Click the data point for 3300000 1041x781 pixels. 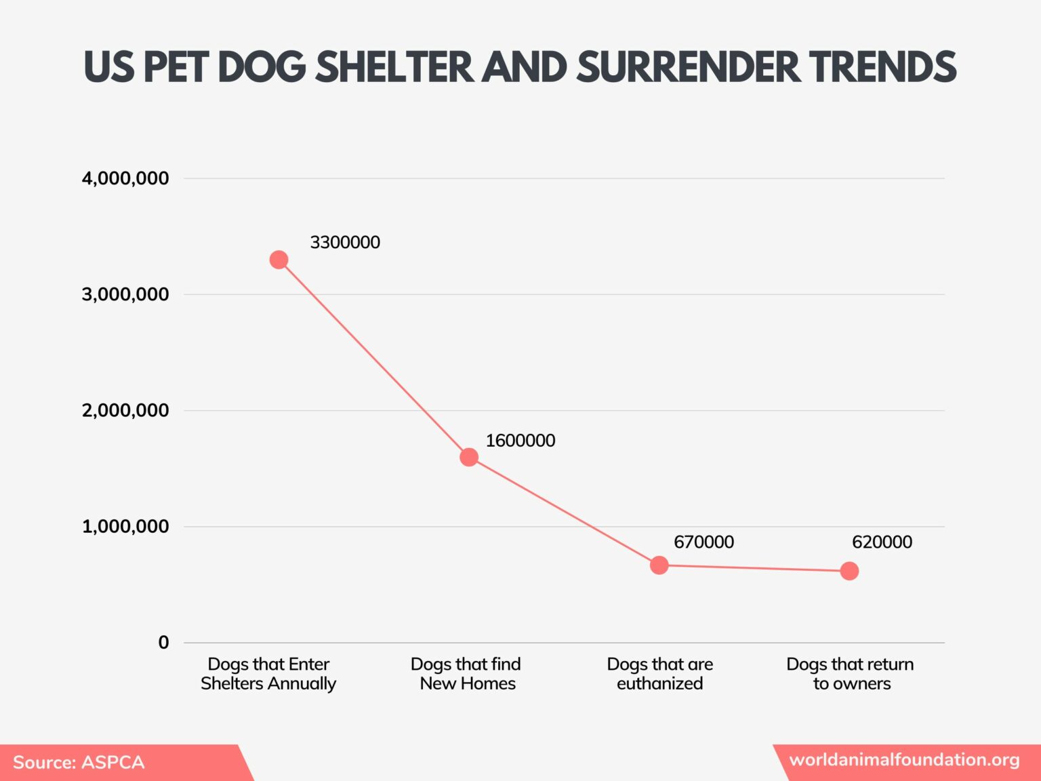pos(279,260)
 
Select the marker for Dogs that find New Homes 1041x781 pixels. pos(469,457)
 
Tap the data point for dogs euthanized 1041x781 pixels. pos(659,565)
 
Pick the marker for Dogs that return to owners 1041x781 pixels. pos(849,571)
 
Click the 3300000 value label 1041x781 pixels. pos(345,242)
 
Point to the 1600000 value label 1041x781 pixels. pos(520,441)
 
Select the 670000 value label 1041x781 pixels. pos(703,542)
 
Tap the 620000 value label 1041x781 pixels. pos(882,542)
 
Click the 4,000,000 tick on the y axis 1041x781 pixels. pos(125,178)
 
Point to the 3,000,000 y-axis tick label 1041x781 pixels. pos(125,294)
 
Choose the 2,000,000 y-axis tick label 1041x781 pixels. pos(125,410)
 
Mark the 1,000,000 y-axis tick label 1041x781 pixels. pos(125,526)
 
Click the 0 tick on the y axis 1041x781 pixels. pos(163,642)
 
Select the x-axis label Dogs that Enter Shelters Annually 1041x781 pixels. pos(268,673)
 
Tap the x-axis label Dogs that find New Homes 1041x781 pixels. pos(466,673)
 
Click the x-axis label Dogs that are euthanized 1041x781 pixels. pos(659,673)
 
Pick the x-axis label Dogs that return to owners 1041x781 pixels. pos(850,673)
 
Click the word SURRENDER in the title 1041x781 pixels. pos(687,66)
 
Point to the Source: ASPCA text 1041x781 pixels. pos(79,762)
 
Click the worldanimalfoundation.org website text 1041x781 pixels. pos(904,759)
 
